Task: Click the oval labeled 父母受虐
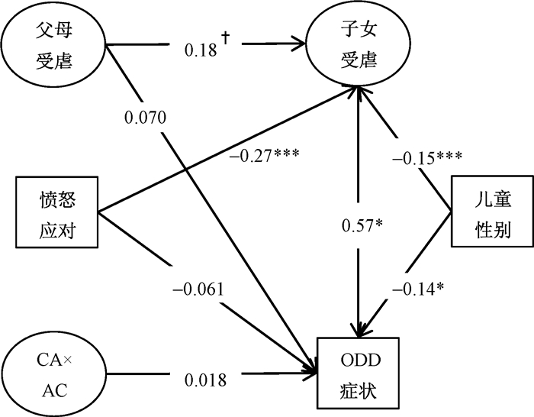click(53, 47)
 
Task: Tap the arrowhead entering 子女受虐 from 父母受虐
click(294, 46)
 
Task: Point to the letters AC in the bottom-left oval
click(53, 390)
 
